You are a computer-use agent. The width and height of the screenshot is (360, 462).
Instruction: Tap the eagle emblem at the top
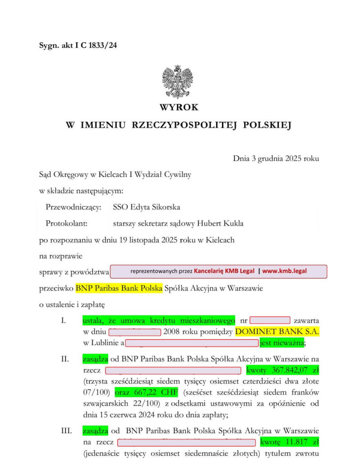click(x=177, y=82)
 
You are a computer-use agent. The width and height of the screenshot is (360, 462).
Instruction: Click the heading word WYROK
click(x=179, y=108)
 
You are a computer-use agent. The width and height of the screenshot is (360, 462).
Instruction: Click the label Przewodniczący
click(x=74, y=208)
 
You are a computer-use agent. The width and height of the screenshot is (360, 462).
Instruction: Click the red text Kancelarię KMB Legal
click(x=224, y=272)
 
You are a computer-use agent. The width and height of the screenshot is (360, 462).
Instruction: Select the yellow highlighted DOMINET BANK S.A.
click(x=277, y=332)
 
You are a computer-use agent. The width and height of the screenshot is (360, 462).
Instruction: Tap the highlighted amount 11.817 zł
click(x=289, y=441)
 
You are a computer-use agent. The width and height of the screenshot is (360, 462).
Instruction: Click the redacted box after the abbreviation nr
click(x=269, y=321)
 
